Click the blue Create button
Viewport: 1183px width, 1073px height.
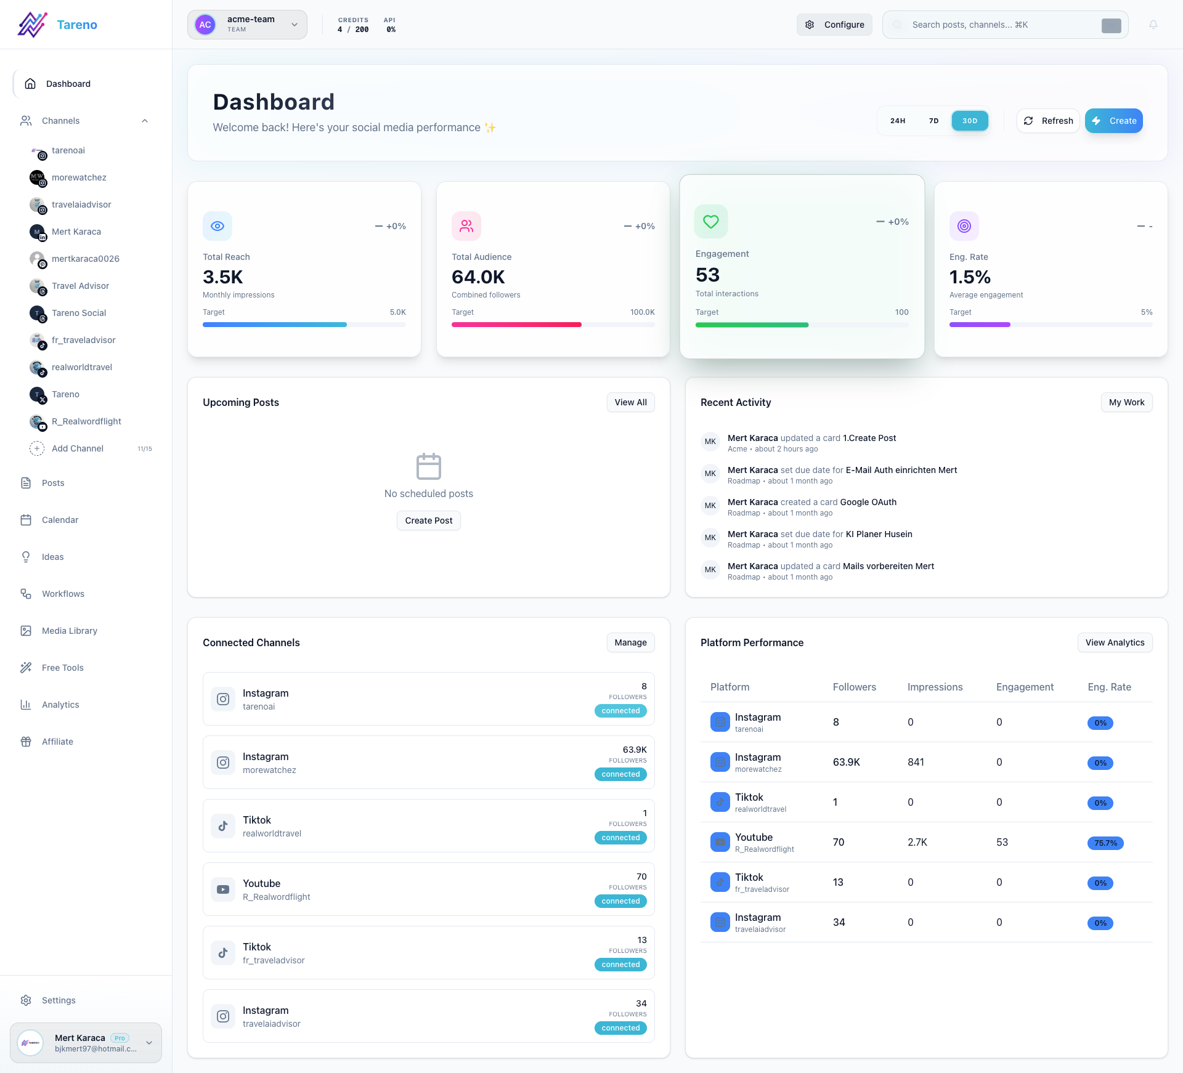pos(1113,121)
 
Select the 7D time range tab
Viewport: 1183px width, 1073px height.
pos(933,121)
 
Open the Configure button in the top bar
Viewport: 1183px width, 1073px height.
pos(834,25)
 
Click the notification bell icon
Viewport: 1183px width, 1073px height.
pos(1153,25)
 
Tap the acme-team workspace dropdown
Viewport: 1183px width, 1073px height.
pos(247,25)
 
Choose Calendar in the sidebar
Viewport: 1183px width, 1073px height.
pos(60,520)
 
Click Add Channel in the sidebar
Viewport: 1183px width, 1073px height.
pos(77,448)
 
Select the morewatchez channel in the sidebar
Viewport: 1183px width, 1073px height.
pos(79,177)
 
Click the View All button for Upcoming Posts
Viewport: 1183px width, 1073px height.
pos(630,402)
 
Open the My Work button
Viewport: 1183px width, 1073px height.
pos(1126,402)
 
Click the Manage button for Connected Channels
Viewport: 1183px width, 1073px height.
pos(630,642)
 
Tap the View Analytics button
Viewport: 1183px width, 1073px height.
pos(1115,642)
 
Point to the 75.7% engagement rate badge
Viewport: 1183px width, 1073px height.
pos(1105,843)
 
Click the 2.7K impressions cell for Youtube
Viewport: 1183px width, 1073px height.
pos(917,842)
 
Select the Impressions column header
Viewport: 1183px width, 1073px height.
pos(935,687)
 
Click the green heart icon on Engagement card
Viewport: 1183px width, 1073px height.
pos(711,221)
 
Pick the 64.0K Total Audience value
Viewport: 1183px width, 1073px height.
pos(478,277)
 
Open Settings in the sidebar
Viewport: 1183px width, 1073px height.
pos(59,1000)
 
